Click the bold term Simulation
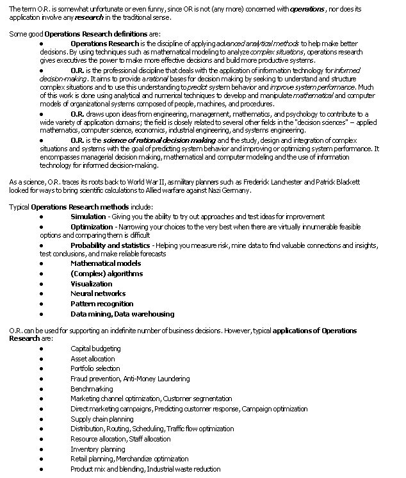click(x=88, y=217)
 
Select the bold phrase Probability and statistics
click(x=110, y=245)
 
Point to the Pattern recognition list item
click(x=102, y=304)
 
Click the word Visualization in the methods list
click(x=91, y=284)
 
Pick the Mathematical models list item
click(x=106, y=263)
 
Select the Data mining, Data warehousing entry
click(x=122, y=314)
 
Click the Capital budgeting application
click(x=95, y=349)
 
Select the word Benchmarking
click(x=92, y=389)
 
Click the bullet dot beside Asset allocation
click(x=42, y=359)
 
